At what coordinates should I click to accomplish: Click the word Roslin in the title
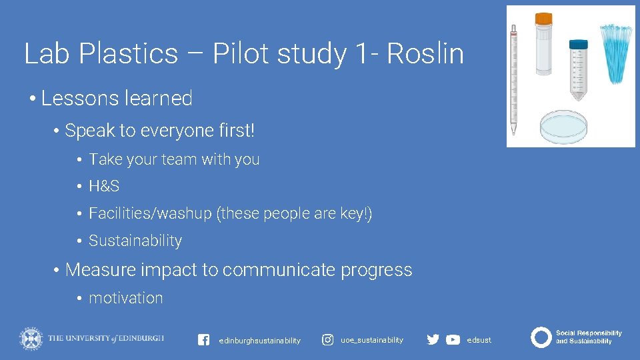point(425,54)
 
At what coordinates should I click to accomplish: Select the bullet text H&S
point(104,187)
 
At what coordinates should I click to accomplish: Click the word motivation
point(126,298)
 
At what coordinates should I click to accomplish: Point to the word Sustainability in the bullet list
point(135,241)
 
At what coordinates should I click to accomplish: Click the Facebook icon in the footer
point(204,340)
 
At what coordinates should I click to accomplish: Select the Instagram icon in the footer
point(328,340)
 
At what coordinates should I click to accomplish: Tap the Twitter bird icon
point(433,339)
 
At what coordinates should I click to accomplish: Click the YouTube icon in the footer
point(453,339)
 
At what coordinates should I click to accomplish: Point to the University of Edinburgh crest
point(30,338)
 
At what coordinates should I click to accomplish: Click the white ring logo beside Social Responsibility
point(541,337)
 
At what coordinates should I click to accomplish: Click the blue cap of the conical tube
point(579,43)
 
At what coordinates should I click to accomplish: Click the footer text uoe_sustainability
point(372,340)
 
